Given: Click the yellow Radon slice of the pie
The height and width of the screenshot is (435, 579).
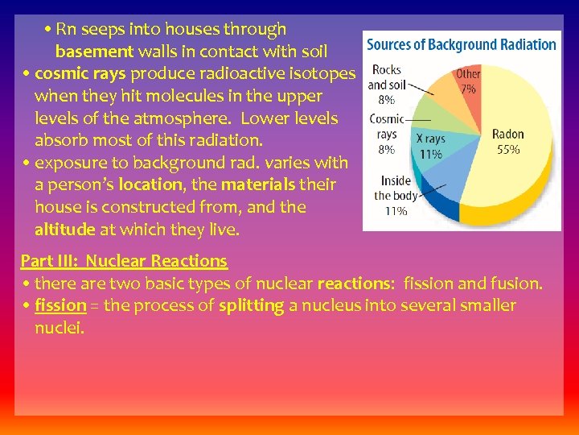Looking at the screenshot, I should click(515, 173).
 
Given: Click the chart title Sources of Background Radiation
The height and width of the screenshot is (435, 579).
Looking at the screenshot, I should click(462, 44).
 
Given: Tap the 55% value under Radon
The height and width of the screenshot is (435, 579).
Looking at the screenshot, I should click(507, 149).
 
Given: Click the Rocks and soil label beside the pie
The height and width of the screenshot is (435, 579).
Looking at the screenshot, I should click(384, 77).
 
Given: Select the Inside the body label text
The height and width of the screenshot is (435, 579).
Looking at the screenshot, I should click(395, 188).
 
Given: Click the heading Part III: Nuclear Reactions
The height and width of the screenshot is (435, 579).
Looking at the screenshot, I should click(124, 261).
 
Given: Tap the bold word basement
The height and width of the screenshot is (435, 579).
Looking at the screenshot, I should click(93, 52).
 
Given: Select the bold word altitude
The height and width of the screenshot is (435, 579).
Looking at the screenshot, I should click(64, 230).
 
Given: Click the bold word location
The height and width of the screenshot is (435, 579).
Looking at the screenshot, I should click(152, 184).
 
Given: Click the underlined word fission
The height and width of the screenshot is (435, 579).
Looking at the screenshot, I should click(60, 305).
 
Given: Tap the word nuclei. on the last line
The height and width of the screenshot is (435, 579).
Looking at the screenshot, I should click(59, 328).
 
